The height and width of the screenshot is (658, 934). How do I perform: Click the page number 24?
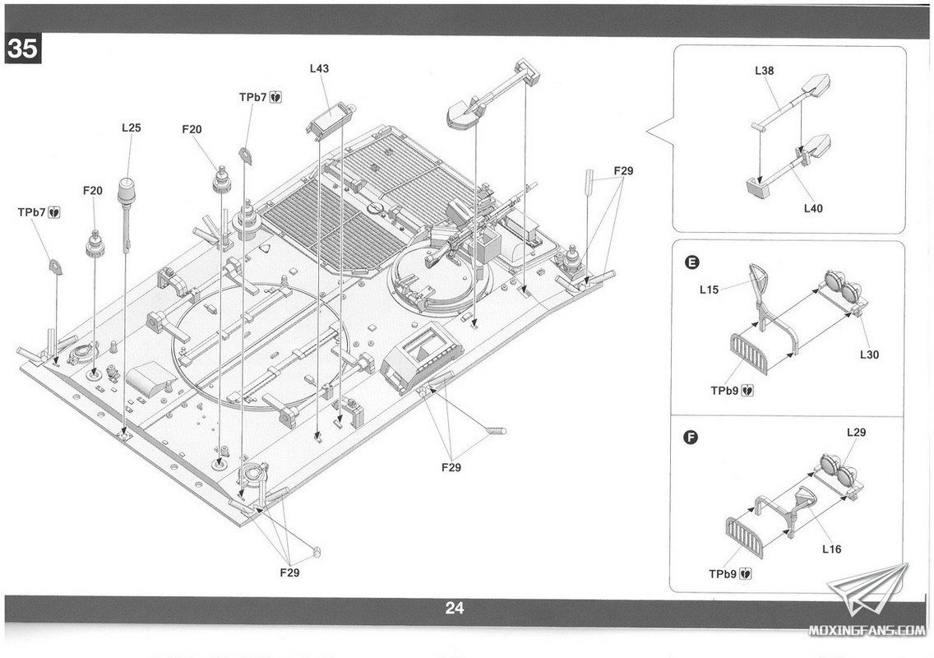pyautogui.click(x=455, y=609)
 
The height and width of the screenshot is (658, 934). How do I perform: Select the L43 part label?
pyautogui.click(x=319, y=69)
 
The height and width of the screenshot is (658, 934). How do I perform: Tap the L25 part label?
pyautogui.click(x=132, y=127)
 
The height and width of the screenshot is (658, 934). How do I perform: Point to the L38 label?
pyautogui.click(x=765, y=71)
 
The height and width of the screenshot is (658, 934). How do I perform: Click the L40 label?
pyautogui.click(x=813, y=209)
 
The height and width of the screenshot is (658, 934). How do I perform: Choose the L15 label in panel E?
pyautogui.click(x=710, y=290)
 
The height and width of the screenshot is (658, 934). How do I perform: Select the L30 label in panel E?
pyautogui.click(x=869, y=354)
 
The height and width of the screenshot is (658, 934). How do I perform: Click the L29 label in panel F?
pyautogui.click(x=856, y=433)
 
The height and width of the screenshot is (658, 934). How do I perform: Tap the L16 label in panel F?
pyautogui.click(x=831, y=549)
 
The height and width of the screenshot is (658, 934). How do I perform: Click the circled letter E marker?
pyautogui.click(x=691, y=262)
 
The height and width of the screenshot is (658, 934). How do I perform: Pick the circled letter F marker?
pyautogui.click(x=691, y=436)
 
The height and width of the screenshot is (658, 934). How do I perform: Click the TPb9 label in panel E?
pyautogui.click(x=732, y=391)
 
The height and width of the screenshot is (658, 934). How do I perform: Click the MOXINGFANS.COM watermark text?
pyautogui.click(x=866, y=631)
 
